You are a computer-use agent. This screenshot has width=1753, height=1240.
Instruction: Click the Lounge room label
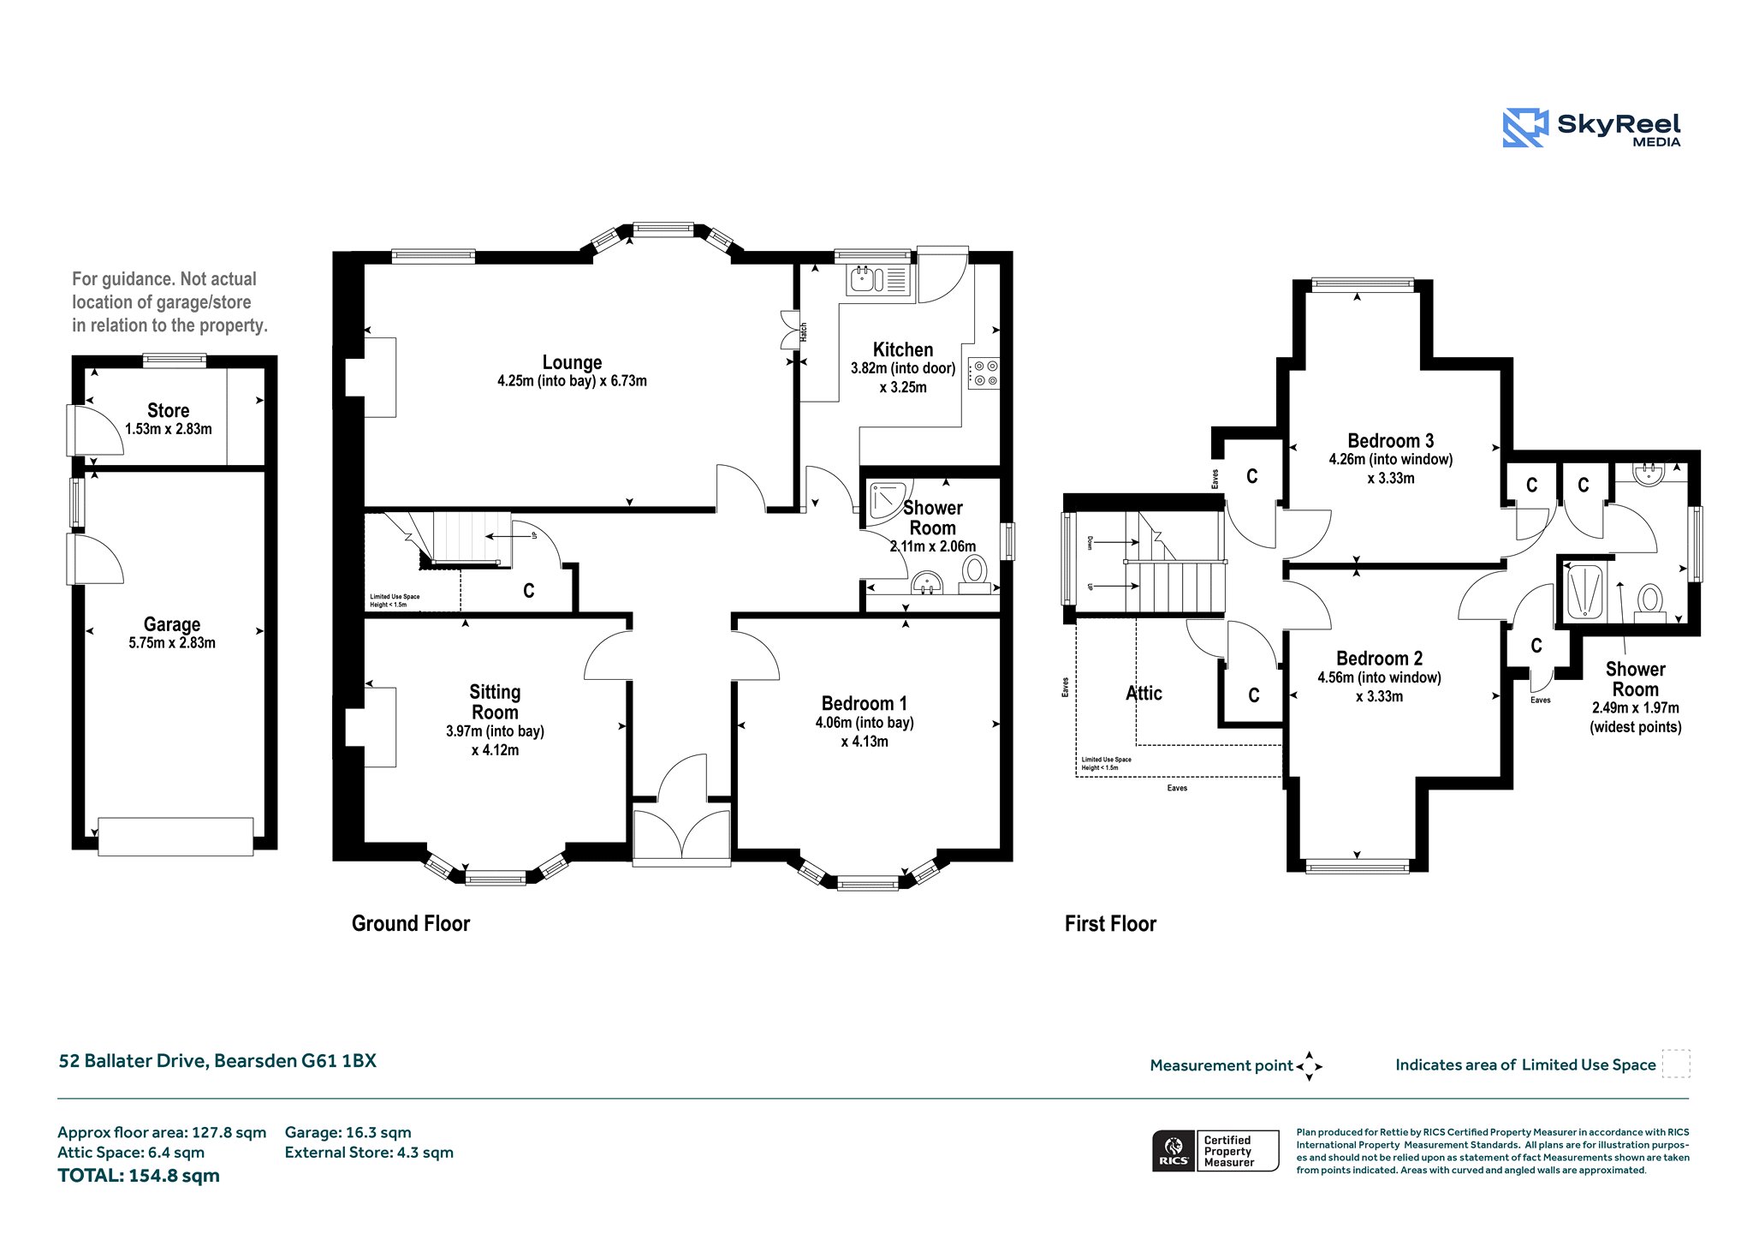tap(572, 362)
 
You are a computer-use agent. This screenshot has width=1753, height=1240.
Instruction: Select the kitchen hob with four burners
tap(983, 373)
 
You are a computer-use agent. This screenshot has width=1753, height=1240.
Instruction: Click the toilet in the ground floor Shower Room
tap(974, 574)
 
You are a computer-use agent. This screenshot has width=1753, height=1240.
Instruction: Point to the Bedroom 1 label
tap(864, 703)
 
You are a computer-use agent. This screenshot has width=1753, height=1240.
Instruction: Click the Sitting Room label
tap(495, 701)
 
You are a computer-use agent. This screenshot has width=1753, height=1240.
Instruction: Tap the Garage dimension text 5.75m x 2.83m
tap(172, 643)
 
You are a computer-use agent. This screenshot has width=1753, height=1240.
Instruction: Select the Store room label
tap(168, 410)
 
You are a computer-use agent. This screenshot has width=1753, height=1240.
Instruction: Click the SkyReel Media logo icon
tap(1525, 128)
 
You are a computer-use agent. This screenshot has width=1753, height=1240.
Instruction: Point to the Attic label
tap(1144, 693)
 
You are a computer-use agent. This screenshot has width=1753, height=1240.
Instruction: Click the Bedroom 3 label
tap(1390, 440)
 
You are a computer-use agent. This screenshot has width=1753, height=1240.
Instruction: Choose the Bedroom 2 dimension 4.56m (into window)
tap(1379, 677)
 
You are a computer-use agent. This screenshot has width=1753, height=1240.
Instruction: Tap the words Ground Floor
tap(411, 923)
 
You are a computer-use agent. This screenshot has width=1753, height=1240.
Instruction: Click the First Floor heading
tap(1110, 923)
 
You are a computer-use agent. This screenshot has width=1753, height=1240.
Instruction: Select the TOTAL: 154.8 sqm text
tap(139, 1176)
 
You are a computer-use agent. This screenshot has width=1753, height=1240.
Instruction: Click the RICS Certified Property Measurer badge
tap(1215, 1151)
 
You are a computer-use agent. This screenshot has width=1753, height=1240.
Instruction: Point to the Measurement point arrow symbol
tap(1309, 1066)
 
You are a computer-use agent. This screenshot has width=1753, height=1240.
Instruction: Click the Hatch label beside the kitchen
tap(804, 332)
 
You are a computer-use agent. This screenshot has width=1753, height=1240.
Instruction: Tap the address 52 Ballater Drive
tap(133, 1061)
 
